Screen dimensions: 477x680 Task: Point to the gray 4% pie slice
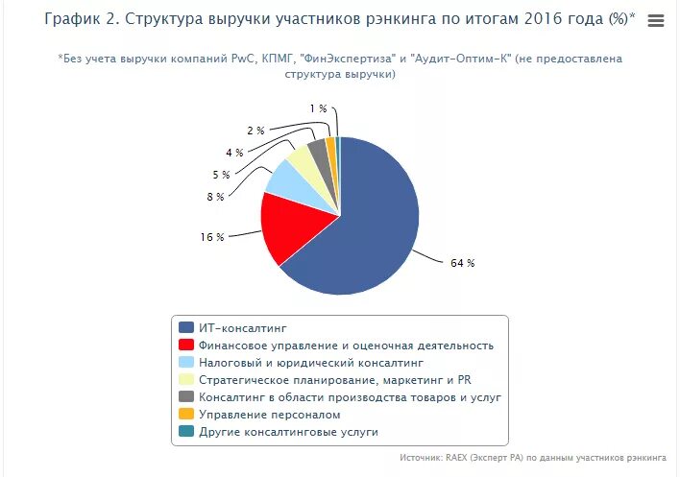(x=318, y=151)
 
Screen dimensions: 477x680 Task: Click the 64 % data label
(x=462, y=263)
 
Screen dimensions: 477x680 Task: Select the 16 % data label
(x=212, y=236)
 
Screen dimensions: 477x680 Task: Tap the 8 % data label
(x=214, y=197)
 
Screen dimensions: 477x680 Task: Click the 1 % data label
(x=318, y=108)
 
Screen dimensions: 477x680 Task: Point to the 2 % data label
(x=255, y=131)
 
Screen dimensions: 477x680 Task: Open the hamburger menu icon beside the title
(x=656, y=21)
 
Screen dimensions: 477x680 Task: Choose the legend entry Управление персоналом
(x=269, y=415)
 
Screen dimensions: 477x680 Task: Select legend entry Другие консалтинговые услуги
(x=288, y=432)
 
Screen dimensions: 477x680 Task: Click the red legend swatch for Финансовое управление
(x=186, y=346)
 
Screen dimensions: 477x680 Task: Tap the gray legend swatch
(x=186, y=397)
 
